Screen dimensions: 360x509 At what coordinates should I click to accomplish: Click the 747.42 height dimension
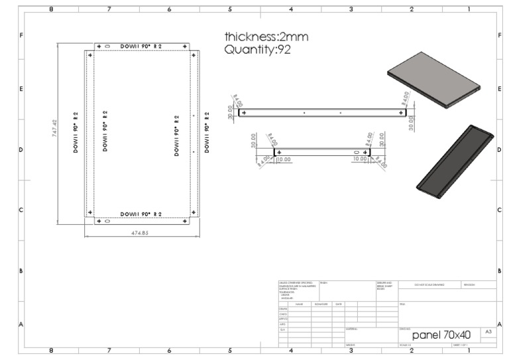[x=55, y=129]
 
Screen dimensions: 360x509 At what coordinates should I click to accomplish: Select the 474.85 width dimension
[x=140, y=233]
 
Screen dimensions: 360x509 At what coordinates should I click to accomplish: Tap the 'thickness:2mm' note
[x=266, y=36]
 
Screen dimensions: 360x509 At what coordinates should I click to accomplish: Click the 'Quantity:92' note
[x=258, y=50]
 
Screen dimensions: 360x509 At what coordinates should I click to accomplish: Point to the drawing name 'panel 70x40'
[x=441, y=335]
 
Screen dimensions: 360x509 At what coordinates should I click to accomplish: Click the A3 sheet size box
[x=488, y=331]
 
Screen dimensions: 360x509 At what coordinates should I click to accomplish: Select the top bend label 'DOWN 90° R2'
[x=141, y=46]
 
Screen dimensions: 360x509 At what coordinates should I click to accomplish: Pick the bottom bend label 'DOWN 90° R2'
[x=141, y=214]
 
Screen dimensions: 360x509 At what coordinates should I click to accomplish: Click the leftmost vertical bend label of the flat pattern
[x=76, y=132]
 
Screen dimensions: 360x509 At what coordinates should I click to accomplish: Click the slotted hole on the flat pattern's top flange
[x=107, y=46]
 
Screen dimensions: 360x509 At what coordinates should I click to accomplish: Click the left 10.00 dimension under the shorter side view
[x=284, y=160]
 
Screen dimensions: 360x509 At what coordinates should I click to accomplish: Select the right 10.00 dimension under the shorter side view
[x=360, y=160]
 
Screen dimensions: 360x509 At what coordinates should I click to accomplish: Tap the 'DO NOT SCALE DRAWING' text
[x=429, y=284]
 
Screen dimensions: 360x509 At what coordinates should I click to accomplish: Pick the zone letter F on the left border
[x=22, y=34]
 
